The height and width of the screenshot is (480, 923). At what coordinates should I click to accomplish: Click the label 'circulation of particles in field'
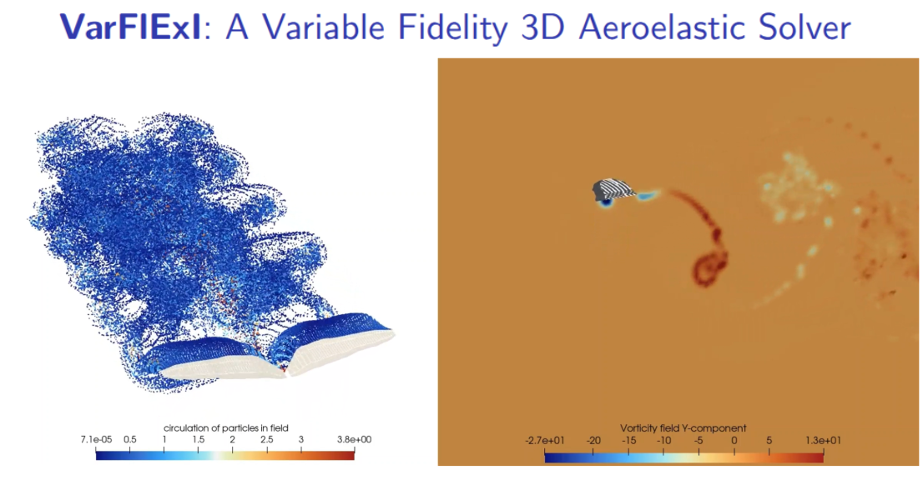tap(225, 427)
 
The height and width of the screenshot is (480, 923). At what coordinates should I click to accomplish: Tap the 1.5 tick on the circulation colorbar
tap(199, 439)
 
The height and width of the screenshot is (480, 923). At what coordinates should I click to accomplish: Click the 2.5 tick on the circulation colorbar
tap(266, 439)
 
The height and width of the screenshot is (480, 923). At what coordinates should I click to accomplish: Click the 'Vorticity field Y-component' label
tap(683, 427)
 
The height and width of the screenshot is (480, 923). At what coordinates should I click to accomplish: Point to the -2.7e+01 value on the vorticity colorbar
tap(545, 439)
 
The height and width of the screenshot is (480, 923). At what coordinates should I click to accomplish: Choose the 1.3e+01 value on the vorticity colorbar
tap(823, 439)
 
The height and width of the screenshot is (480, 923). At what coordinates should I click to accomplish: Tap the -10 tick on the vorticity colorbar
tap(663, 439)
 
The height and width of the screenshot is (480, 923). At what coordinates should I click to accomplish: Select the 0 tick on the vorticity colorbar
tap(734, 439)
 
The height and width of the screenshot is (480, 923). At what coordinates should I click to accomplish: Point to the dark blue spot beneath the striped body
tap(603, 202)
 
